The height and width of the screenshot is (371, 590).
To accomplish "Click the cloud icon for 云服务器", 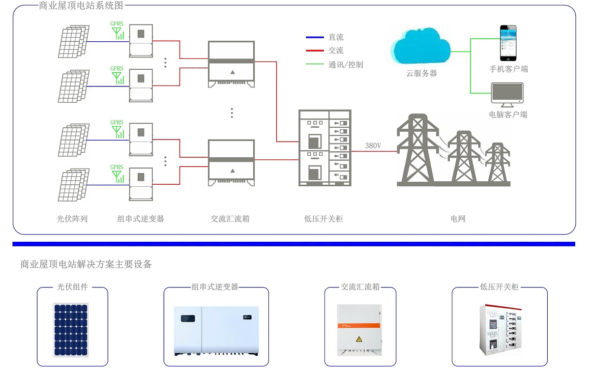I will click(x=420, y=47).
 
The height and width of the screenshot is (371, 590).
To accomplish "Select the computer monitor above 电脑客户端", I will click(x=508, y=94).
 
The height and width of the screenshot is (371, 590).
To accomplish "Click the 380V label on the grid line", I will click(x=374, y=146).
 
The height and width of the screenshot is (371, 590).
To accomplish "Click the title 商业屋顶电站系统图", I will click(x=81, y=6).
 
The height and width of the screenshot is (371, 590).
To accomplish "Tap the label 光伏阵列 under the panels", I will click(x=72, y=219).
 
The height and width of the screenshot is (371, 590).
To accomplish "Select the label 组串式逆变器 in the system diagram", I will click(x=141, y=219).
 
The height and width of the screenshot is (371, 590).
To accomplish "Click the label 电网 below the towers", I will click(x=458, y=219).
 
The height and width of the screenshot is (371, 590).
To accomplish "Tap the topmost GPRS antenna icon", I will click(x=117, y=31).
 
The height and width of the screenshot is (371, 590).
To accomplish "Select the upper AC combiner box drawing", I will click(x=232, y=64).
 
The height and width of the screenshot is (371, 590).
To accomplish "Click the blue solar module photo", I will click(x=72, y=329).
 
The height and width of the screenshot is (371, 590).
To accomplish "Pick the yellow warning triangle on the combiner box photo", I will click(x=359, y=339).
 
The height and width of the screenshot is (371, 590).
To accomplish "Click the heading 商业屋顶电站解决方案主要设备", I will click(x=86, y=264).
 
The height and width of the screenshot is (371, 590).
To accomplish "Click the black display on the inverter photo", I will click(x=187, y=317).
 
